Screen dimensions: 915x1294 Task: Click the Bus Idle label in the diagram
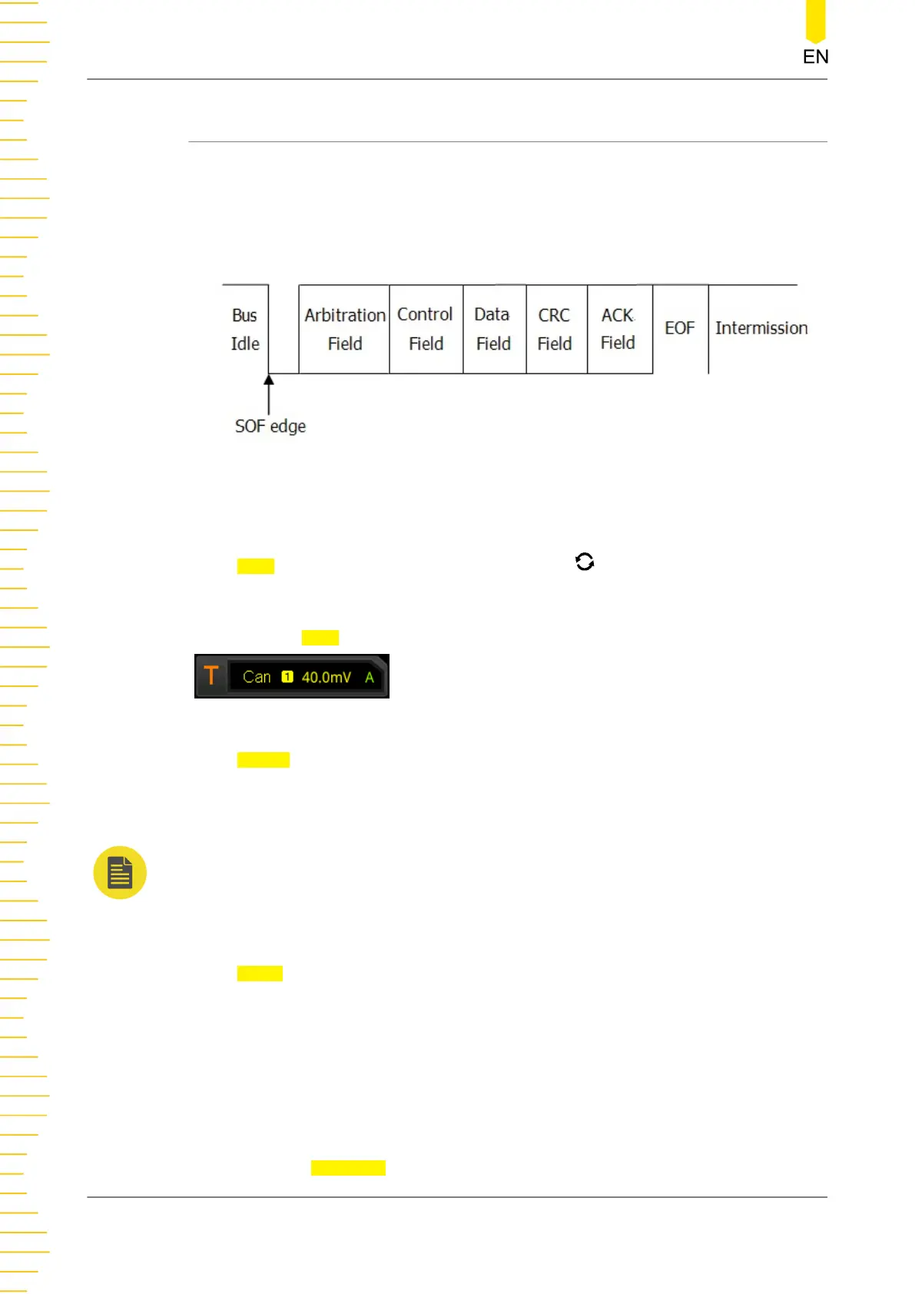[x=245, y=330]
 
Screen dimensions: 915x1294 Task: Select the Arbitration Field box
[x=344, y=330]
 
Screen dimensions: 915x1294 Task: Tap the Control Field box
[x=426, y=330]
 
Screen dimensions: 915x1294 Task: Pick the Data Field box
[x=494, y=330]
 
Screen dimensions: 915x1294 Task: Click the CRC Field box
[x=555, y=330]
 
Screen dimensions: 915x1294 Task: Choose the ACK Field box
[x=618, y=330]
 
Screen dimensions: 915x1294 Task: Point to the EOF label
[x=680, y=329]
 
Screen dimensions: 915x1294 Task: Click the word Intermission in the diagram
[x=761, y=329]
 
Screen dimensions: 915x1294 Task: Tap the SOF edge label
[x=270, y=426]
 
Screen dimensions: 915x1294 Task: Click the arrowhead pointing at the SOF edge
[x=269, y=380]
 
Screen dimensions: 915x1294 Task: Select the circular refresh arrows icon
[x=585, y=562]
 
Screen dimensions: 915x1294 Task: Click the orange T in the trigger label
[x=211, y=676]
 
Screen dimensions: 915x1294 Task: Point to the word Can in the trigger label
[x=257, y=677]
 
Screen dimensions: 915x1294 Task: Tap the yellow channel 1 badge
[x=287, y=677]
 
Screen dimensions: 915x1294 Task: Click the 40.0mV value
[x=327, y=677]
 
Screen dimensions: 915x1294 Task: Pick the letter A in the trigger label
[x=370, y=677]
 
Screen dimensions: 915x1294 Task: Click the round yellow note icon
[x=120, y=873]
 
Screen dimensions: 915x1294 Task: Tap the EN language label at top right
[x=815, y=57]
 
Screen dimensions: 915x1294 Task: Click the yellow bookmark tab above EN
[x=815, y=20]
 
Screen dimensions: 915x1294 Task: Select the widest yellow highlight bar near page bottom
[x=348, y=1168]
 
